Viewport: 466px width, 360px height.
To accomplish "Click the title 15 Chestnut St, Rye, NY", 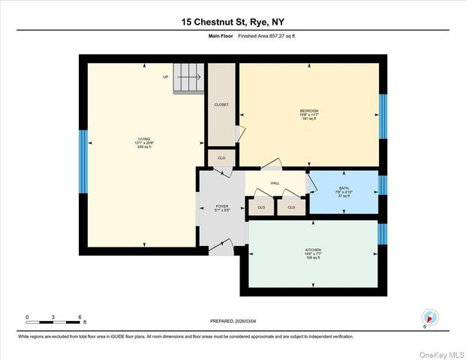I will [x=233, y=23].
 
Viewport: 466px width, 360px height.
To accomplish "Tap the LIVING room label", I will [x=144, y=139].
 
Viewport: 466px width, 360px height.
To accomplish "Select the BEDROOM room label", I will [x=309, y=111].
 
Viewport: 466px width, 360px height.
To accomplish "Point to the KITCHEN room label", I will [x=313, y=250].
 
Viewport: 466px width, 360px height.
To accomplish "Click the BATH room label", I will [x=344, y=188].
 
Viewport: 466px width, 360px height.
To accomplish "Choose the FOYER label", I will [x=221, y=205].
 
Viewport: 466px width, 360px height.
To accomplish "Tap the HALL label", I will [x=275, y=183].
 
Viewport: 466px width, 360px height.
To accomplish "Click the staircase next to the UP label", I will [x=189, y=77].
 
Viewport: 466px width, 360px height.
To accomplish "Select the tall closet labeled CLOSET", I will [x=221, y=104].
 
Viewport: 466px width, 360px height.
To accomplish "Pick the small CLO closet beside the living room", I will [x=221, y=158].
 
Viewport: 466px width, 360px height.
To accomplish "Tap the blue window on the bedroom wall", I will [x=383, y=116].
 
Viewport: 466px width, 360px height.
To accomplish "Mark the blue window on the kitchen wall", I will [x=383, y=234].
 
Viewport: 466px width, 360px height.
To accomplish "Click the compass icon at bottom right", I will [x=428, y=317].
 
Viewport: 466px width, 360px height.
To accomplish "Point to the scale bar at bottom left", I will [x=53, y=321].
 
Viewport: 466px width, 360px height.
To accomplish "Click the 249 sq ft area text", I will [x=144, y=147].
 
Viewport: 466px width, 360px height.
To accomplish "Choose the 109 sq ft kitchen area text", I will [x=313, y=258].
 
